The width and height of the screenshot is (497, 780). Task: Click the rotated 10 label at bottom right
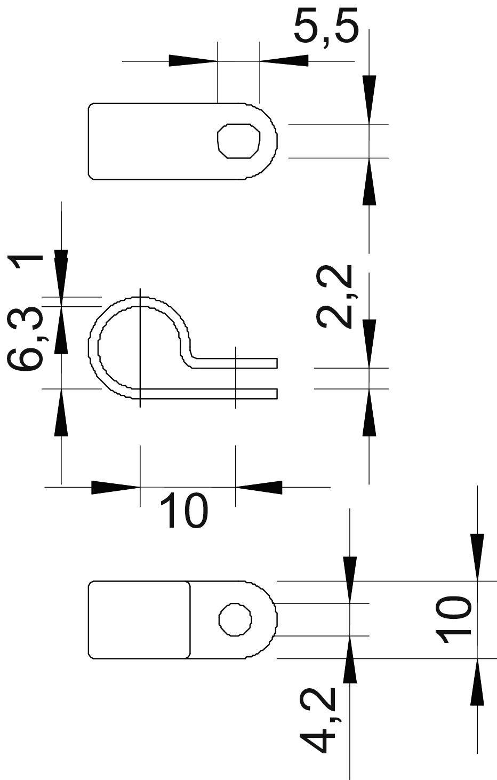click(x=453, y=618)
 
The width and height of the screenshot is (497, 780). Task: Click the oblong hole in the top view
click(x=239, y=140)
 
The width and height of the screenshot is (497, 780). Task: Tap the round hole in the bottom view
click(x=235, y=619)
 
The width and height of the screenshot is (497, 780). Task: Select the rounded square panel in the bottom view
click(x=139, y=619)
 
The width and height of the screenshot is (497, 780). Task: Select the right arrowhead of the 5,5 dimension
click(x=284, y=60)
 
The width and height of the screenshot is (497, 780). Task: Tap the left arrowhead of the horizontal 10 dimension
click(x=115, y=487)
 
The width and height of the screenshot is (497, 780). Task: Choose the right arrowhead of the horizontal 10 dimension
click(x=259, y=487)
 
